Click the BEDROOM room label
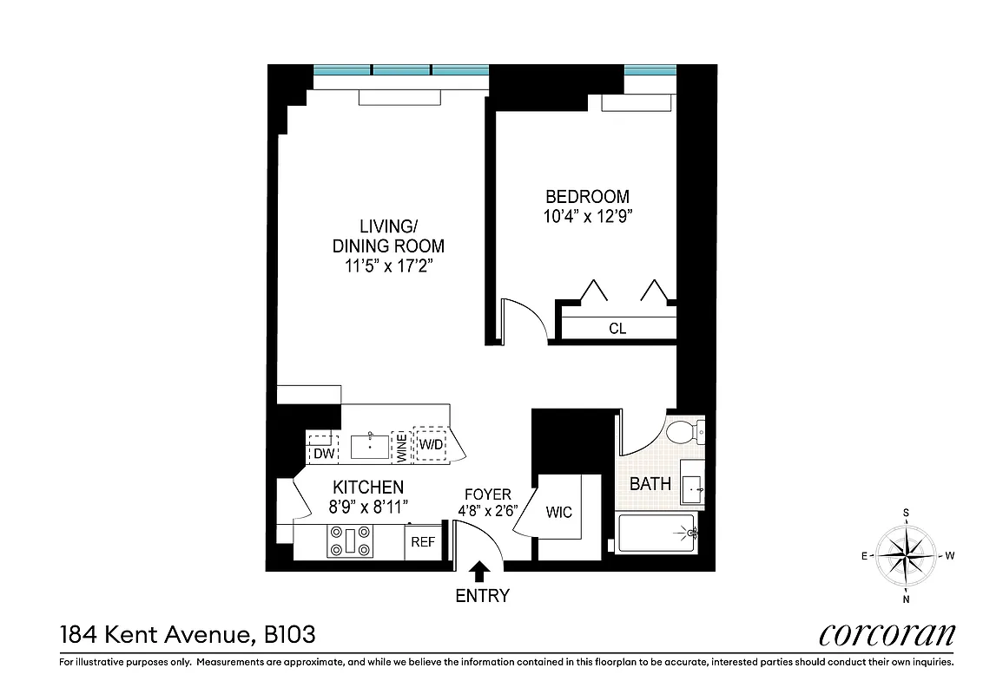pos(587,197)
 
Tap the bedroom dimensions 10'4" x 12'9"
pos(587,217)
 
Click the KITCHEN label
pos(368,488)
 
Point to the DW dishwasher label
pos(323,453)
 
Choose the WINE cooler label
pos(401,446)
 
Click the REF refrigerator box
pos(423,543)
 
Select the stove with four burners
pos(349,543)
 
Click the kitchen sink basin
pos(370,446)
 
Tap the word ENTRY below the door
pos(483,596)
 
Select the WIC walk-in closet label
pos(559,513)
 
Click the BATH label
pos(650,484)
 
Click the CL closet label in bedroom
pos(617,329)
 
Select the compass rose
pos(906,555)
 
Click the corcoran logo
pos(887,634)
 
